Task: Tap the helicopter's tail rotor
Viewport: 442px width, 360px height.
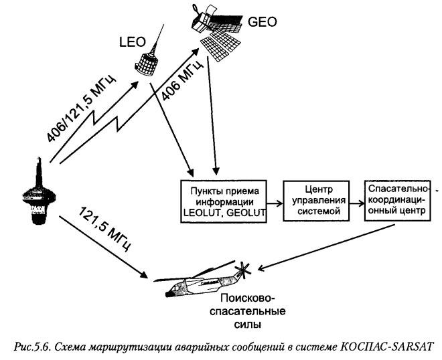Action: click(x=243, y=271)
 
